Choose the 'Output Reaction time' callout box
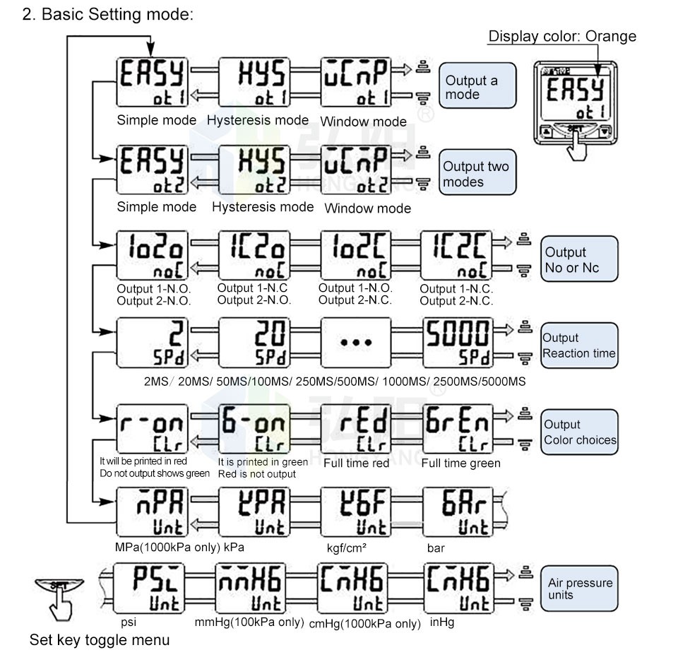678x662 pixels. click(x=579, y=345)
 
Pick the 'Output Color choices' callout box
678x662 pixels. click(x=579, y=432)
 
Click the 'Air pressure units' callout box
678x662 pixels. click(x=579, y=589)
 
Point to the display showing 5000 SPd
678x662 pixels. click(x=458, y=342)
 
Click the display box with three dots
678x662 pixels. click(x=356, y=342)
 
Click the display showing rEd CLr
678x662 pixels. click(x=356, y=429)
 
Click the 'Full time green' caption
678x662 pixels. click(x=460, y=463)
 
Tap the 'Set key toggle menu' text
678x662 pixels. click(x=99, y=640)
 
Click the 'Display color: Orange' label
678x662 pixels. click(x=562, y=36)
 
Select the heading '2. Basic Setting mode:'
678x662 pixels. click(x=107, y=15)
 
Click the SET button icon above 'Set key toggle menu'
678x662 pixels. click(x=58, y=588)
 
